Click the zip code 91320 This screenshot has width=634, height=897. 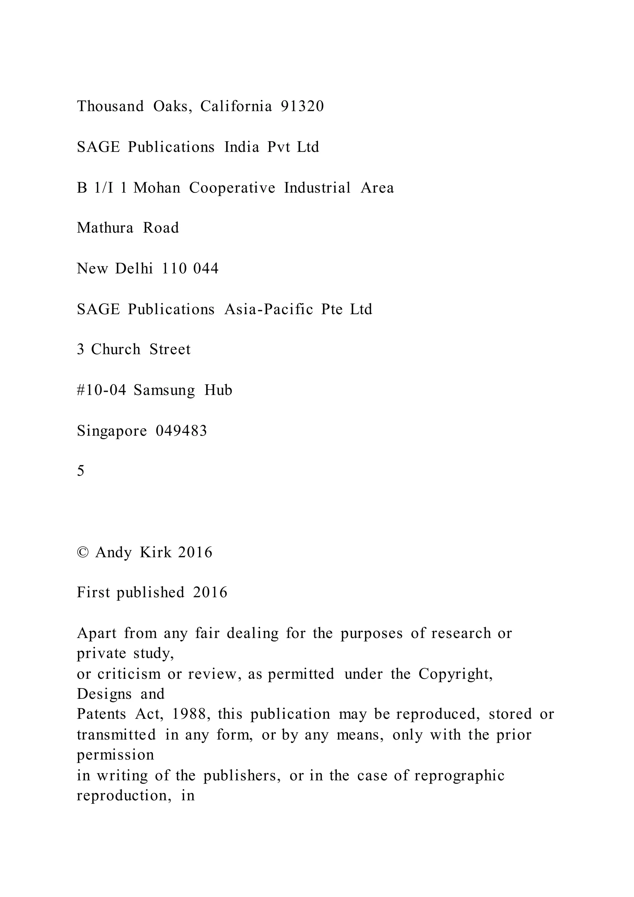pos(302,106)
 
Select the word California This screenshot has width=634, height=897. pos(236,106)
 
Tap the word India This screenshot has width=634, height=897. pos(242,147)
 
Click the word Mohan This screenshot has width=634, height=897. pos(157,188)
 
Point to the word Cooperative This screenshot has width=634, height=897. pos(232,188)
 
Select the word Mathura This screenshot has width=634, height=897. pos(105,228)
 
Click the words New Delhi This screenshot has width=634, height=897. pos(115,269)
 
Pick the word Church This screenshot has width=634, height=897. pos(115,349)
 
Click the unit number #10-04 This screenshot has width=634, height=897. pos(102,390)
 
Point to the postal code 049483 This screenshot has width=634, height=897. pos(181,431)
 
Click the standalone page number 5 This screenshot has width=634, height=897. pos(80,471)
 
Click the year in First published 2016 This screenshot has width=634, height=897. pos(210,593)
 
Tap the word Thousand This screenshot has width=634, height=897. pos(111,106)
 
